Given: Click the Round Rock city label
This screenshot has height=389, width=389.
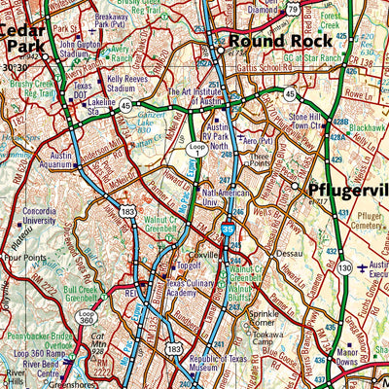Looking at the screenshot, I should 271,41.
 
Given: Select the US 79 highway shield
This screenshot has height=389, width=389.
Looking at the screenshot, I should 293,10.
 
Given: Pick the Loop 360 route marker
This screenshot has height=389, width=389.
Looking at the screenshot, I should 87,319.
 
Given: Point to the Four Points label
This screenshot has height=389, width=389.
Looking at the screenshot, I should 23,259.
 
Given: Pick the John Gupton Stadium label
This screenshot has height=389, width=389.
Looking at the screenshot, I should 82,50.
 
